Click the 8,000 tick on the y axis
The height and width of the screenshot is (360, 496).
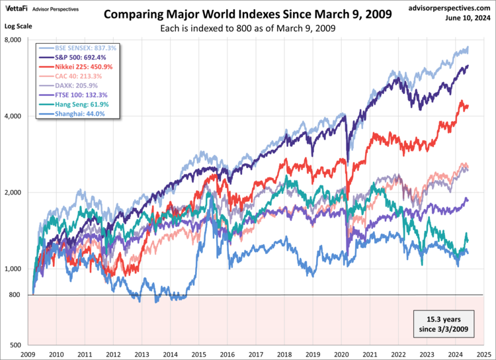tap(14, 40)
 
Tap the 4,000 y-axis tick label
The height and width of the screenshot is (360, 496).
tap(14, 116)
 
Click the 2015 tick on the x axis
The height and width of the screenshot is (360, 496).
tap(200, 354)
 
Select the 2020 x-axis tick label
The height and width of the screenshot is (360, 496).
tap(343, 354)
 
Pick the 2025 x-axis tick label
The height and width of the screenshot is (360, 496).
tap(487, 354)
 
